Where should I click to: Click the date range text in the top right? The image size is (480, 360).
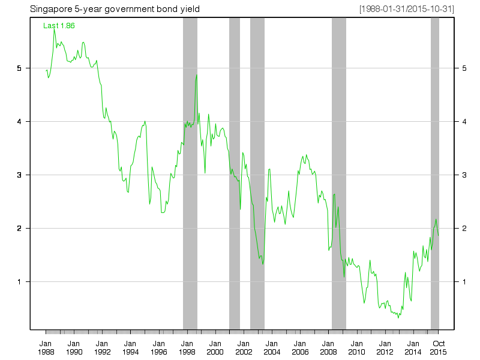pos(406,9)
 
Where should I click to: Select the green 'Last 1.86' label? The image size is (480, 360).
pos(59,26)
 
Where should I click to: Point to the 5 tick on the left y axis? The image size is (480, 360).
pos(20,68)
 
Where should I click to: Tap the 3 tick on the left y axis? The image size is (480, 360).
pos(20,175)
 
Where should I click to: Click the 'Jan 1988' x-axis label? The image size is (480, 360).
pos(46,347)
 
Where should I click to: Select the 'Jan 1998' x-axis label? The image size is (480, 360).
pos(187,347)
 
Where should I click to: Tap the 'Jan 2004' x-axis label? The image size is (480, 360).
pos(271,347)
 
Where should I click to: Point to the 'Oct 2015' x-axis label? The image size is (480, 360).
pos(439,347)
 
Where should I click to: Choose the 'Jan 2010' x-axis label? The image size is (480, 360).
pos(356,347)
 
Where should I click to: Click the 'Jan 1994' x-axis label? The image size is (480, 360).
pos(130,347)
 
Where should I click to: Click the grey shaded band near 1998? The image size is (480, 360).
pos(190,180)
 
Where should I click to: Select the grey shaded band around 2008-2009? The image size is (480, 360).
pos(338,180)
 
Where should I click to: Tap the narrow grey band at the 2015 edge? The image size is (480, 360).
pos(435,180)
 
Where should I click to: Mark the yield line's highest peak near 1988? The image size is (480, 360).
pos(54,28)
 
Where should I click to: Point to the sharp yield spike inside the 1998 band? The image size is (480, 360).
pos(196,75)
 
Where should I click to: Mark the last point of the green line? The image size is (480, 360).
pos(439,236)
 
